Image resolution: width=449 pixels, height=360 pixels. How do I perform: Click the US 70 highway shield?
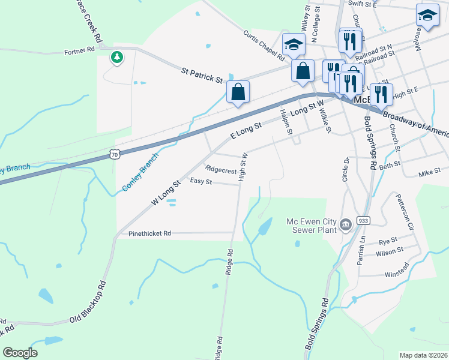pyautogui.click(x=114, y=155)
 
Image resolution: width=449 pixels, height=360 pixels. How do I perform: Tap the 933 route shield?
pyautogui.click(x=364, y=220)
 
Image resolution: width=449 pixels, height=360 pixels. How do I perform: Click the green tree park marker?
pyautogui.click(x=116, y=58)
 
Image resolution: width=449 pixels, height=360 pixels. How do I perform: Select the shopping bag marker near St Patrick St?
pyautogui.click(x=238, y=92)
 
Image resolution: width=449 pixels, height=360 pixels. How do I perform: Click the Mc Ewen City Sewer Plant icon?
pyautogui.click(x=346, y=225)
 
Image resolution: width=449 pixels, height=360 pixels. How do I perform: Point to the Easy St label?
pyautogui.click(x=200, y=181)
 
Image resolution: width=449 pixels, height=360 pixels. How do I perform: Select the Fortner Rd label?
pyautogui.click(x=80, y=51)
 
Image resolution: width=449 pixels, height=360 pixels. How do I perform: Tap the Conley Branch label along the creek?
pyautogui.click(x=140, y=172)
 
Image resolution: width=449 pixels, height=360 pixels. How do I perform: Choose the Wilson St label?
pyautogui.click(x=390, y=252)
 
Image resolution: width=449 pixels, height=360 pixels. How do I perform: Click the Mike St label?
pyautogui.click(x=429, y=174)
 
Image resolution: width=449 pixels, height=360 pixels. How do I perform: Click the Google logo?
pyautogui.click(x=20, y=353)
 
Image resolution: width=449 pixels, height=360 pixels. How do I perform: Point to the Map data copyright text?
pyautogui.click(x=423, y=355)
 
